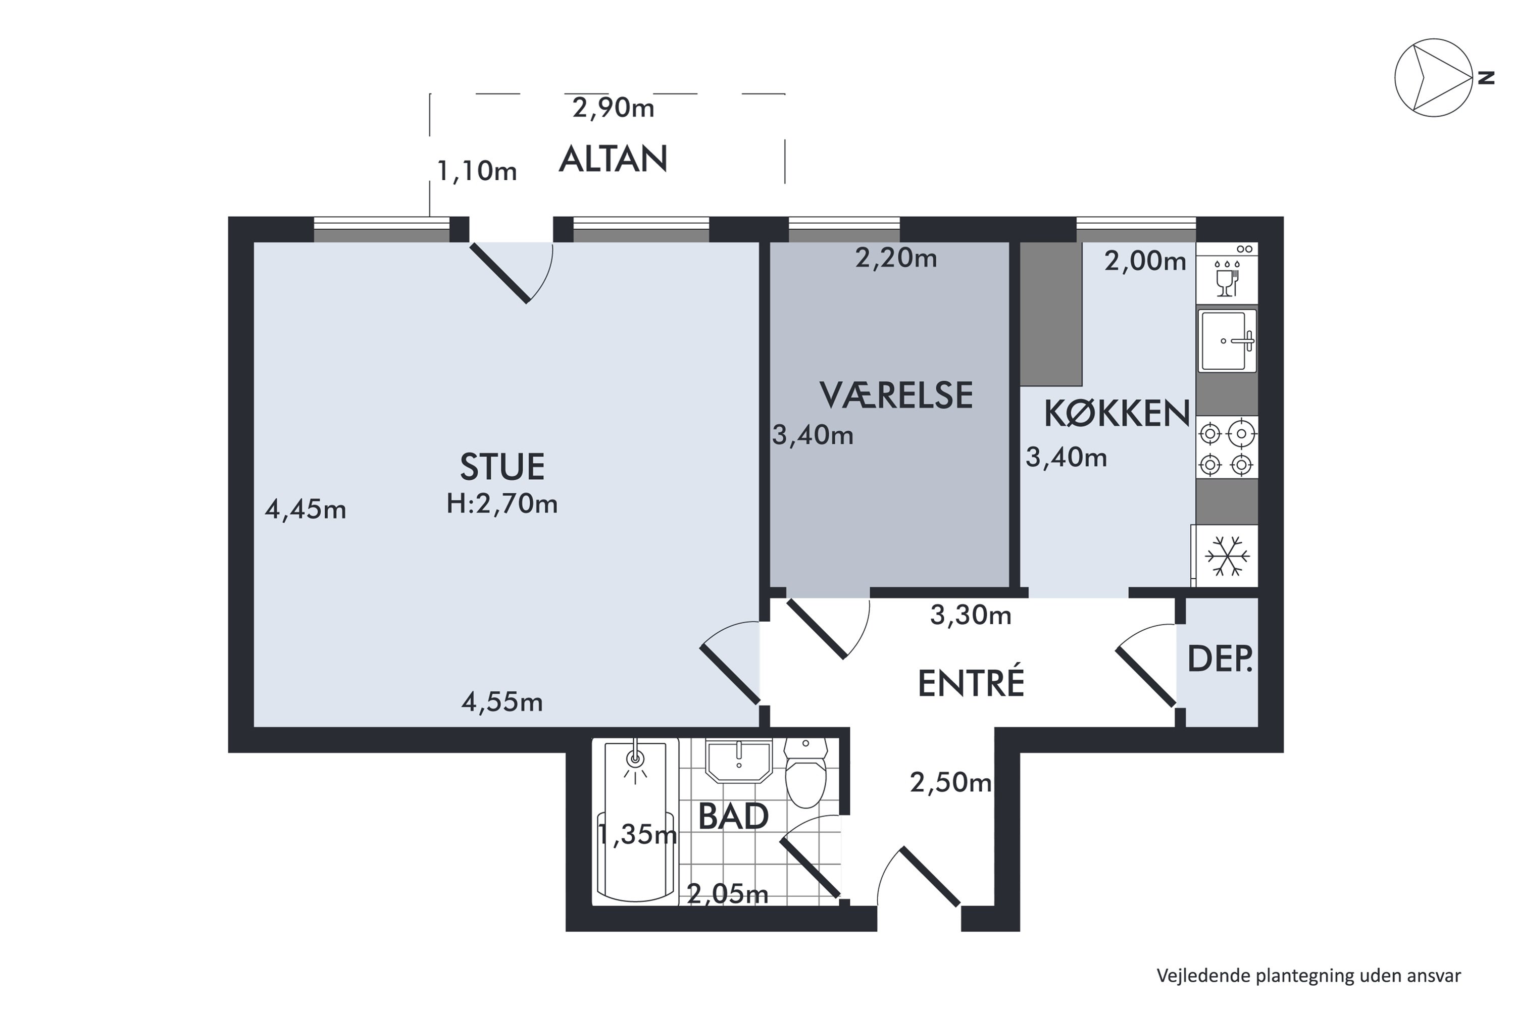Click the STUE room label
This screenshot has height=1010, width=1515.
[502, 468]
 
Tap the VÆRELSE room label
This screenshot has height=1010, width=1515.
[896, 395]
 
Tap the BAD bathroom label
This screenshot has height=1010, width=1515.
[734, 817]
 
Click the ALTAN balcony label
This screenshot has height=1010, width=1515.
[613, 159]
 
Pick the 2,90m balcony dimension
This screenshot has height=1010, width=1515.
[613, 108]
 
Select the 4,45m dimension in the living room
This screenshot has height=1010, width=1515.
[306, 510]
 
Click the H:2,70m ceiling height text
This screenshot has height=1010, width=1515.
[502, 503]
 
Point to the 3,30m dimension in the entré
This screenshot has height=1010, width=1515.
[971, 615]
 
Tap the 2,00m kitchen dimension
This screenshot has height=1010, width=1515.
[1145, 261]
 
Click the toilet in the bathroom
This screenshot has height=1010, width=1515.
[806, 772]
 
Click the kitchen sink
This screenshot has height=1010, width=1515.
[1227, 341]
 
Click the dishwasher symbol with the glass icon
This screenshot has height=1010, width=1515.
[1227, 273]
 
